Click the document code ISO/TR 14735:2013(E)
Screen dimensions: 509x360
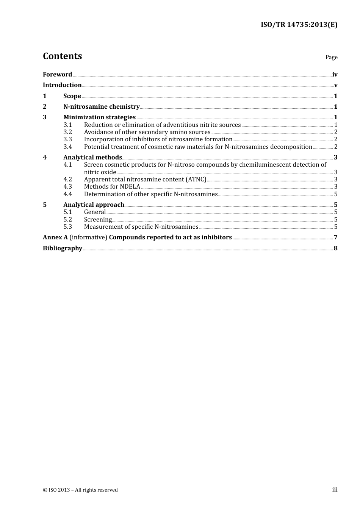tap(299, 25)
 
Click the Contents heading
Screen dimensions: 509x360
tap(62, 56)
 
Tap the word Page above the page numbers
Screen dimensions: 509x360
tap(331, 57)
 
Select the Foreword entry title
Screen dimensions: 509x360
tap(57, 75)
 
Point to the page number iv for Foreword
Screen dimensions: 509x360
tap(335, 75)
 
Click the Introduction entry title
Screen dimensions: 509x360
tap(62, 85)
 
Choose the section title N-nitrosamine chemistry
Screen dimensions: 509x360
tap(101, 107)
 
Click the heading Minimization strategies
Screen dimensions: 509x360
tap(99, 117)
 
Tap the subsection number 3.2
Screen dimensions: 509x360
tap(67, 132)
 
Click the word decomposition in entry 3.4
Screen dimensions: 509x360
tap(291, 147)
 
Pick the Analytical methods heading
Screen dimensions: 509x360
tap(92, 158)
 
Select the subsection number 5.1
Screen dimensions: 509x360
tap(67, 212)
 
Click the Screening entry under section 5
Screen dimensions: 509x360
tap(98, 220)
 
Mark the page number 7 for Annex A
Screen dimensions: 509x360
tap(335, 237)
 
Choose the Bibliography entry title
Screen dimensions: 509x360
tap(63, 248)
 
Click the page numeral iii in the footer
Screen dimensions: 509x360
tap(335, 490)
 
